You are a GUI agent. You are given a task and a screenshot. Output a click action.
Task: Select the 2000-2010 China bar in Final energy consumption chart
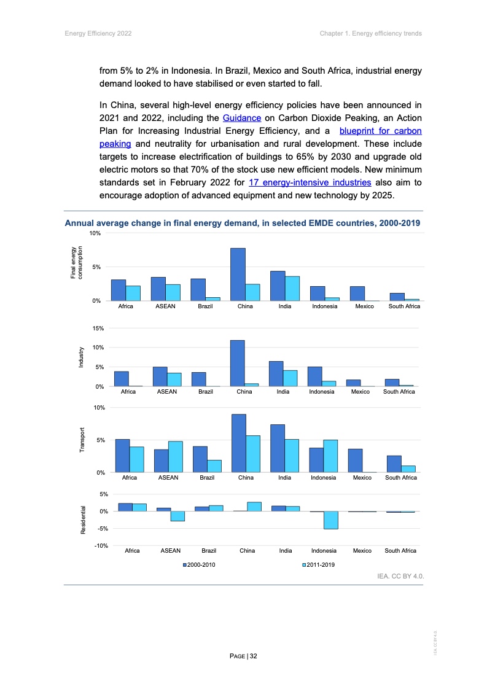tap(238, 274)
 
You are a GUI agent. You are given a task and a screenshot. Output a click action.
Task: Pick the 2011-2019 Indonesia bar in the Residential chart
tap(330, 520)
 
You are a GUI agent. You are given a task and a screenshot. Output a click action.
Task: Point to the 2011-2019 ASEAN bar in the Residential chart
tap(177, 516)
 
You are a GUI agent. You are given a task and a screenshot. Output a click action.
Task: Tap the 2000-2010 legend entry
tap(199, 564)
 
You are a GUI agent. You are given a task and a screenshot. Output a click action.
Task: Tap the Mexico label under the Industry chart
tap(360, 391)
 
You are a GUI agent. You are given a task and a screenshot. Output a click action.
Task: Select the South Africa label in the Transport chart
tap(400, 478)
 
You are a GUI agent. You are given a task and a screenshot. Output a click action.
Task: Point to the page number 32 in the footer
tap(243, 656)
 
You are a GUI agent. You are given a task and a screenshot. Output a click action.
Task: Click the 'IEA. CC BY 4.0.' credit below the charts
tap(400, 577)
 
